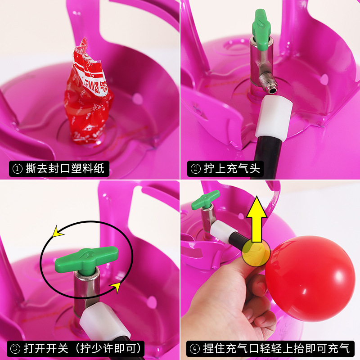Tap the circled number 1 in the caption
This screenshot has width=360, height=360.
(17, 169)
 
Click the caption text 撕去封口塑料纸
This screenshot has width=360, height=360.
(65, 168)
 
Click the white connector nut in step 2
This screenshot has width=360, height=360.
(274, 117)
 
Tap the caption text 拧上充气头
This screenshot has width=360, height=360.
(232, 168)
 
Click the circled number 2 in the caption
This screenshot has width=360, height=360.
(196, 169)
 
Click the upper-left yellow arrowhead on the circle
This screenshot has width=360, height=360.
(57, 232)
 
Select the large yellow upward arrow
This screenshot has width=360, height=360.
(256, 219)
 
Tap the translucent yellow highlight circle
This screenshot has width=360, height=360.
(256, 252)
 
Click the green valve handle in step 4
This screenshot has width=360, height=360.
(206, 199)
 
